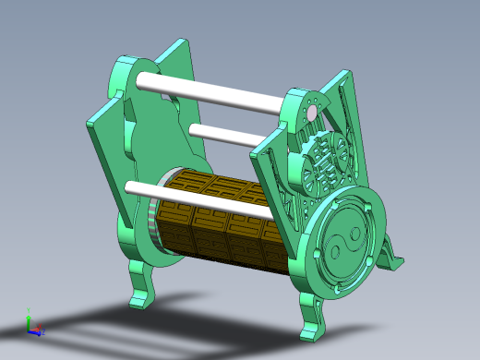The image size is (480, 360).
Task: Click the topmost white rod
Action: [x=212, y=95]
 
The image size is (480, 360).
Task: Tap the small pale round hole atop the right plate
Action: [x=311, y=113]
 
